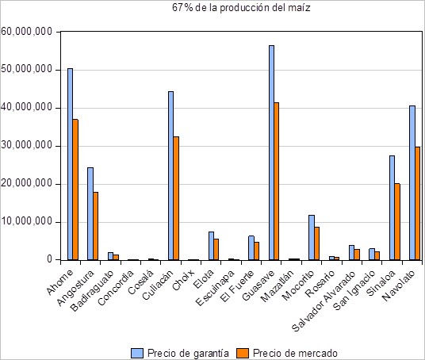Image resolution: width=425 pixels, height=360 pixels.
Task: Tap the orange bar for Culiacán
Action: pyautogui.click(x=176, y=198)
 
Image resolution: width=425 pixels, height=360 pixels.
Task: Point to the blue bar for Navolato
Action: pyautogui.click(x=412, y=182)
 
